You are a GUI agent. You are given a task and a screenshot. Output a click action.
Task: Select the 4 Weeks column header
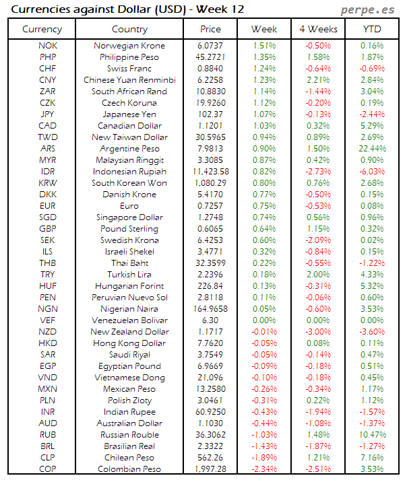click(x=317, y=29)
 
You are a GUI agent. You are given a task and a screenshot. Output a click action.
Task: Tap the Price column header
click(x=210, y=29)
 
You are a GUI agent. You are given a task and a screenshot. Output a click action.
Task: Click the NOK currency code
click(x=48, y=45)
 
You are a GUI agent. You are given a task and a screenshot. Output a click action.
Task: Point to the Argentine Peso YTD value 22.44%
click(x=373, y=148)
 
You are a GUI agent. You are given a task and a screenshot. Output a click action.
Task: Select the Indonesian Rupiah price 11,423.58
click(x=210, y=171)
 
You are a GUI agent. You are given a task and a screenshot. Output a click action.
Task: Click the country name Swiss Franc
click(x=129, y=68)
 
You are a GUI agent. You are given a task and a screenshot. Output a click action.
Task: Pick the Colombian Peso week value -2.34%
click(x=264, y=469)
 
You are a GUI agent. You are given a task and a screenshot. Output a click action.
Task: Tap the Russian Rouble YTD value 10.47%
click(x=373, y=434)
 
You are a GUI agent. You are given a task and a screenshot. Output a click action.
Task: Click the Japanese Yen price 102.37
click(x=210, y=114)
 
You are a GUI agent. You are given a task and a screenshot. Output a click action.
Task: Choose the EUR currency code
click(x=48, y=205)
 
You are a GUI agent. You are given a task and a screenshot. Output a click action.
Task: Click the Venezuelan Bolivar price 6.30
click(x=210, y=320)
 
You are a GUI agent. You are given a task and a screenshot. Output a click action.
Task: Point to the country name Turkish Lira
click(x=129, y=274)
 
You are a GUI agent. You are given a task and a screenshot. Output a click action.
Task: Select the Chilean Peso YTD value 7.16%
click(x=373, y=457)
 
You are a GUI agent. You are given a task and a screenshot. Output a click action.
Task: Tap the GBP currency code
click(x=48, y=228)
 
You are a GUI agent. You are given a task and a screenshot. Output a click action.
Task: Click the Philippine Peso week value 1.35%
click(x=264, y=57)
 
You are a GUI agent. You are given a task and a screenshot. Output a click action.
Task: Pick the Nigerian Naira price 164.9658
click(x=210, y=308)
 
